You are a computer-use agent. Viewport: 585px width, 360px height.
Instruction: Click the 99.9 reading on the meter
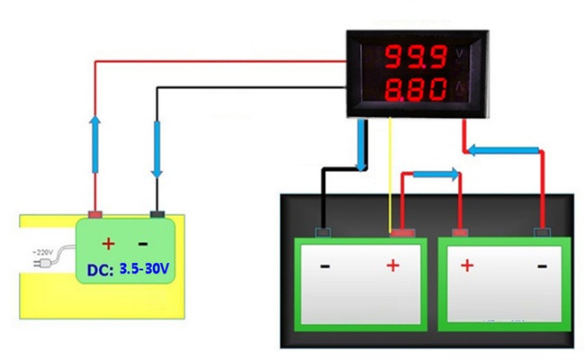pyautogui.click(x=414, y=59)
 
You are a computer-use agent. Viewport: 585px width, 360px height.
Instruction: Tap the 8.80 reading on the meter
pyautogui.click(x=414, y=91)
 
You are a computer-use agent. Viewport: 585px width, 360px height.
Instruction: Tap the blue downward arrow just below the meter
pyautogui.click(x=362, y=144)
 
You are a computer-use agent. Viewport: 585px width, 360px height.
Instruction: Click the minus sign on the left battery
pyautogui.click(x=325, y=266)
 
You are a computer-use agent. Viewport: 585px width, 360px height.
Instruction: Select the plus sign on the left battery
pyautogui.click(x=392, y=266)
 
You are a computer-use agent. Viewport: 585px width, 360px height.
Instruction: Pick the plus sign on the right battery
pyautogui.click(x=466, y=266)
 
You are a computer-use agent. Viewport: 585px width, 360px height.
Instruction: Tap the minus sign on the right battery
pyautogui.click(x=541, y=266)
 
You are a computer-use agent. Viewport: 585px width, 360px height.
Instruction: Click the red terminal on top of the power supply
pyautogui.click(x=95, y=215)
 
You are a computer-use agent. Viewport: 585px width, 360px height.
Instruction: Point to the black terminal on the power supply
pyautogui.click(x=157, y=215)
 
